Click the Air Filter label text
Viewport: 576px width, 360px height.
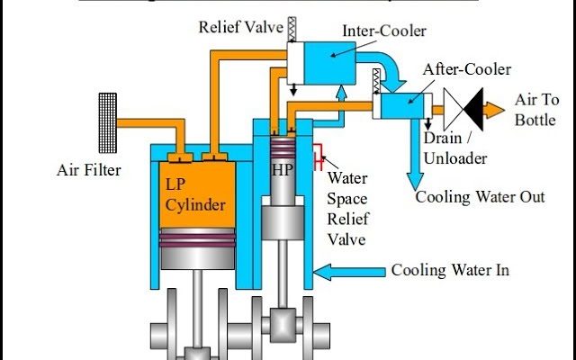click(x=88, y=168)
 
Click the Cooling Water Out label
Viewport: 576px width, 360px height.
click(x=480, y=197)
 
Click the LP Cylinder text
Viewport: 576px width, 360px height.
click(x=194, y=193)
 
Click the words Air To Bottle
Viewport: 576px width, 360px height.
click(x=540, y=110)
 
